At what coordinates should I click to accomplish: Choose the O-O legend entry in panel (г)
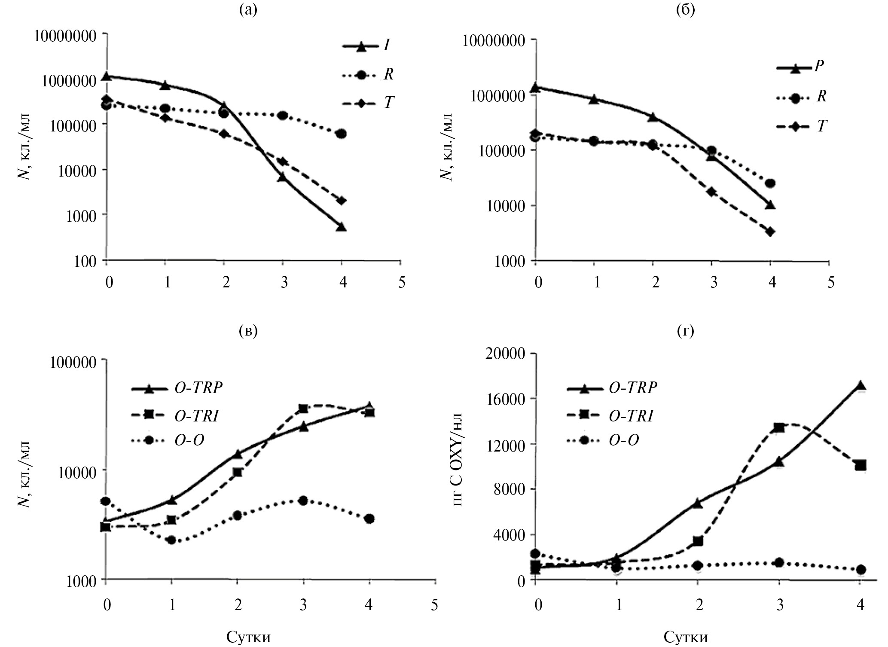point(623,439)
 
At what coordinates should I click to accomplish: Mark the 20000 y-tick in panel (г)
point(505,354)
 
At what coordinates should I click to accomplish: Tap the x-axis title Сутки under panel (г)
point(685,636)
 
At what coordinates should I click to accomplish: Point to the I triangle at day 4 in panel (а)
point(342,227)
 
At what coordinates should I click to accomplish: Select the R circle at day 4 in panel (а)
point(342,134)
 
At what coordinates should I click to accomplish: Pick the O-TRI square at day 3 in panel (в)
point(303,409)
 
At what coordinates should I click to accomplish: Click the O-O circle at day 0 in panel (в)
point(106,501)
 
